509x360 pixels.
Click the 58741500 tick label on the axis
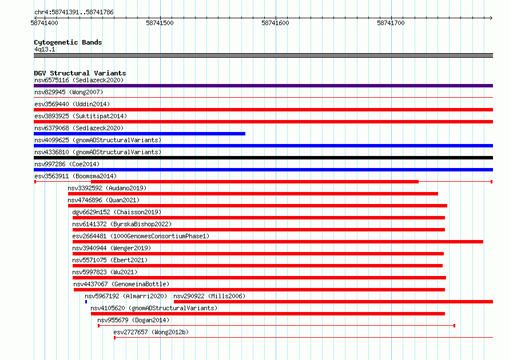click(x=160, y=23)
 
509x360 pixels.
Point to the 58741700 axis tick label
click(x=391, y=23)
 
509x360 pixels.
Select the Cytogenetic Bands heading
click(x=68, y=42)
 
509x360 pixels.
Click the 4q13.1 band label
click(x=45, y=49)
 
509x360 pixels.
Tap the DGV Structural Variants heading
click(x=80, y=73)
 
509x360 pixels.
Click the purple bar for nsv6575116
click(x=263, y=86)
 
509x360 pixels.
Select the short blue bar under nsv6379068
click(x=140, y=134)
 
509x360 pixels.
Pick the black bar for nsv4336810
click(x=263, y=158)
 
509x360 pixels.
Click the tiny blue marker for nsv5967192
click(x=86, y=302)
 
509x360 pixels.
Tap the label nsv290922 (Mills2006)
click(x=209, y=296)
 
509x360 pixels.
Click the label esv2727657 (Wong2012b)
click(x=151, y=332)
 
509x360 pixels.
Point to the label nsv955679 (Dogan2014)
click(x=133, y=320)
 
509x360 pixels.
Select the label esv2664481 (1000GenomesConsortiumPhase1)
click(x=141, y=236)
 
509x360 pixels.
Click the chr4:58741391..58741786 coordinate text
click(x=74, y=13)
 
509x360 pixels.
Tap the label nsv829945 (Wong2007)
click(x=69, y=92)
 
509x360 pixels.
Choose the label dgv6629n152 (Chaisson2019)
click(x=117, y=212)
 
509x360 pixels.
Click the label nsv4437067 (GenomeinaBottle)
click(x=121, y=284)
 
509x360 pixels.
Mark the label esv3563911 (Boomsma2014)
click(x=75, y=176)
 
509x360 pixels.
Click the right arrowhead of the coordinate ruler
click(x=492, y=18)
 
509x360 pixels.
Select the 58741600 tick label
click(x=275, y=23)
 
